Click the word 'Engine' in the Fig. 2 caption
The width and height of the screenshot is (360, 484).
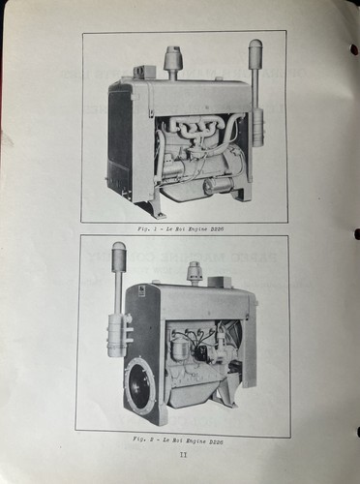(196, 439)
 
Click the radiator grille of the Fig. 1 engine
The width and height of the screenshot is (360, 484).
(123, 144)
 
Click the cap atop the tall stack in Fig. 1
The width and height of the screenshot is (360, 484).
(256, 47)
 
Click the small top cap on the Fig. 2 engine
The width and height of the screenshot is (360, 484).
(194, 271)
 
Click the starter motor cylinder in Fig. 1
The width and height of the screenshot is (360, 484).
(217, 184)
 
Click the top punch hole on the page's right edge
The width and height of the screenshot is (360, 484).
(354, 49)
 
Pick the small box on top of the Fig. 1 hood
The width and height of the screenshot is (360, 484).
(144, 71)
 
